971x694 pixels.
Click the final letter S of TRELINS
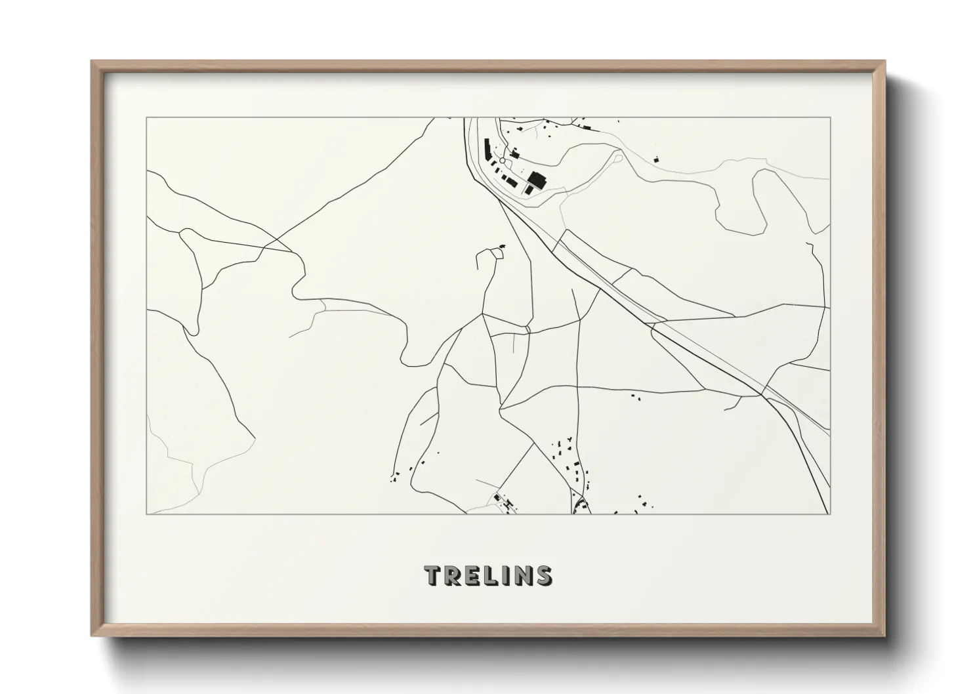(543, 575)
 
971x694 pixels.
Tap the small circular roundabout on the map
(503, 160)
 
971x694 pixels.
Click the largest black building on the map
(537, 178)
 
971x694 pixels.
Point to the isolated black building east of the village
(655, 158)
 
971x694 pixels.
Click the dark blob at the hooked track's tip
(503, 247)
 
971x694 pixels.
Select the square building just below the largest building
(529, 190)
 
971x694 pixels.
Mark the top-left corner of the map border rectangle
(146, 118)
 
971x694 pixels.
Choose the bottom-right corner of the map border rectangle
(830, 514)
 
